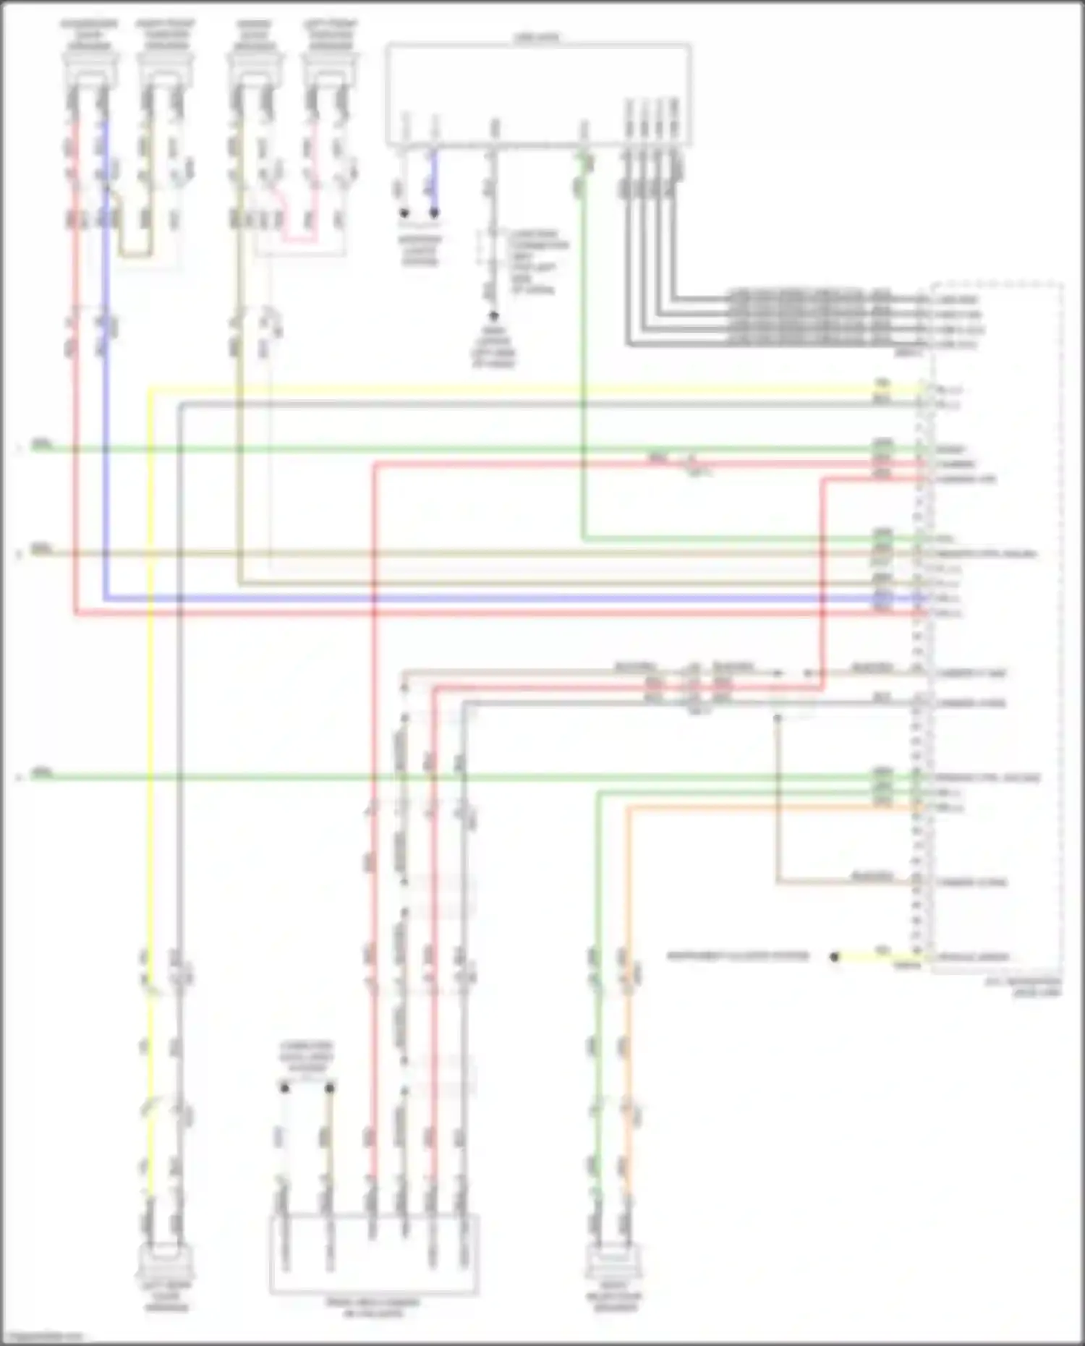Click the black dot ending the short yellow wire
pos(834,957)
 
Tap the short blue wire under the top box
pos(434,181)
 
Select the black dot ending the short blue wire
pos(434,213)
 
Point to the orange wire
pos(627,940)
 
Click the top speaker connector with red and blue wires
pos(90,69)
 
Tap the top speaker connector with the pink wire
pos(329,69)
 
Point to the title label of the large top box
pos(537,36)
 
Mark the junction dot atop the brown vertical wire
pos(778,717)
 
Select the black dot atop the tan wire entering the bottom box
pos(330,1088)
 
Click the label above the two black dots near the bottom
pos(307,1056)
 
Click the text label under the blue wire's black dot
pos(420,250)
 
